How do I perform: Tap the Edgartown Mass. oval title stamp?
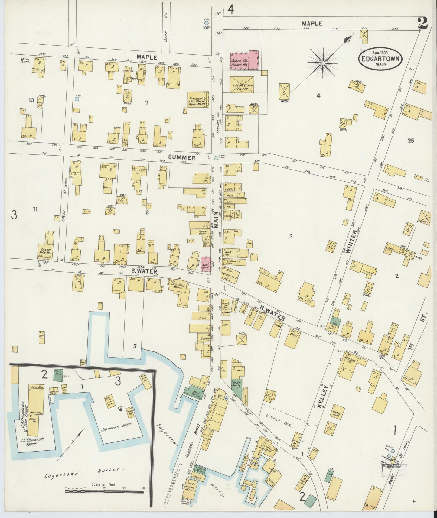pyautogui.click(x=380, y=57)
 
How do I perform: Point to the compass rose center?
pyautogui.click(x=323, y=63)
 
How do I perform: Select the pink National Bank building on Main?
pyautogui.click(x=206, y=265)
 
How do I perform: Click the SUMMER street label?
pyautogui.click(x=181, y=157)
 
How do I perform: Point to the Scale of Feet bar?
pyautogui.click(x=105, y=491)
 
